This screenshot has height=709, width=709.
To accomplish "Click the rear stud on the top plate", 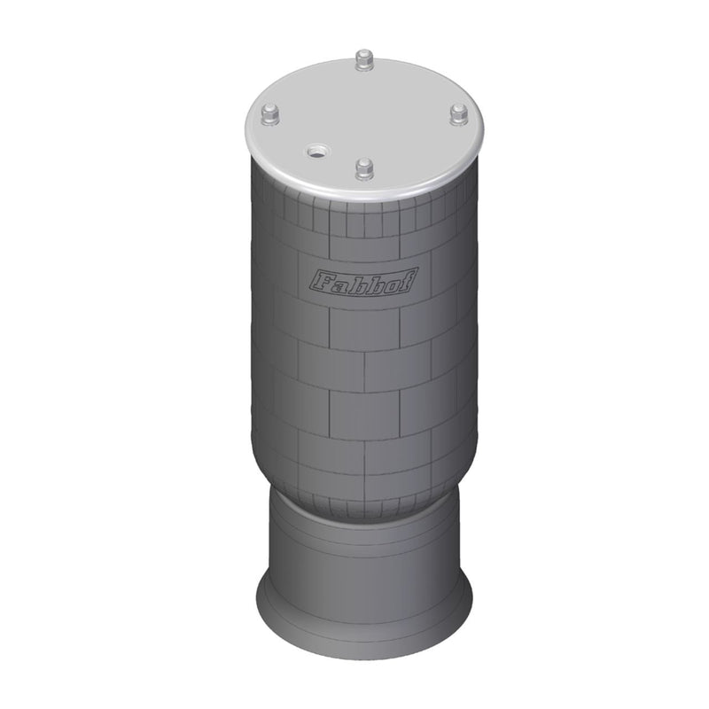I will click(x=362, y=60).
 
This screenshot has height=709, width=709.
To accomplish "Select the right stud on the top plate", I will click(x=458, y=114).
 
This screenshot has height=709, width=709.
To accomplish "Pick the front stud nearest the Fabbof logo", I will click(x=363, y=168).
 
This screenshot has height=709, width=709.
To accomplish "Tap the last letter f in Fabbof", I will click(x=410, y=280).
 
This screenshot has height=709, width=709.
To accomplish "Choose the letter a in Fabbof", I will click(x=339, y=284).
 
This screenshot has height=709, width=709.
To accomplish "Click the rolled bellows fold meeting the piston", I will click(x=363, y=505).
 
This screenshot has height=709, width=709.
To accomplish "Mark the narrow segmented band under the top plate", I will click(x=363, y=217).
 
